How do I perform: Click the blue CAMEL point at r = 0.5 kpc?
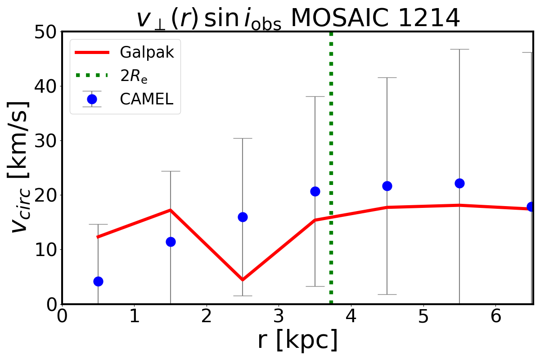click(x=98, y=281)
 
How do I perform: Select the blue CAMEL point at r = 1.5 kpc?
click(x=171, y=242)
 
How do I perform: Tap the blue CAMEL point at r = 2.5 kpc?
click(x=243, y=217)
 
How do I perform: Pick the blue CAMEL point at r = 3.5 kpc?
click(x=315, y=191)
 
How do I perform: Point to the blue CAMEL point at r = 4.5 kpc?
click(x=387, y=186)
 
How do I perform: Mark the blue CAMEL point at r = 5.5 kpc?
click(x=459, y=183)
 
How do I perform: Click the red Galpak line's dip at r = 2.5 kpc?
click(x=243, y=279)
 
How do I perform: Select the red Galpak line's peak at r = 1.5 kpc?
click(x=171, y=210)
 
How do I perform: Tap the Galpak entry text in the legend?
click(x=147, y=53)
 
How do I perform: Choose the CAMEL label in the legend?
click(x=146, y=99)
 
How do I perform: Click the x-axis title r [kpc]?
click(x=297, y=341)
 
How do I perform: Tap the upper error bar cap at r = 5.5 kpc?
click(x=459, y=49)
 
